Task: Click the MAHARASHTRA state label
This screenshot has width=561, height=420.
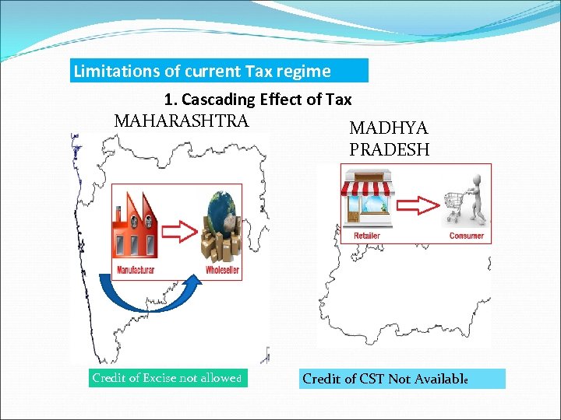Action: point(182,121)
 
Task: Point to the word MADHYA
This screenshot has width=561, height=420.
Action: point(389,128)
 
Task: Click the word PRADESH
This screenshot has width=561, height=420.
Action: point(390,149)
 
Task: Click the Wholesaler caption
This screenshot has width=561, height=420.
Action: point(222,270)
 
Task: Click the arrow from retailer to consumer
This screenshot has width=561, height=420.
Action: point(416,205)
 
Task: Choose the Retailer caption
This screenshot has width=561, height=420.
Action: point(367,236)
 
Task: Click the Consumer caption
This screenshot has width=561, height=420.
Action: point(466,236)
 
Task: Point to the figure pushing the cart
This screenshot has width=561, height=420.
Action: point(476,199)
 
